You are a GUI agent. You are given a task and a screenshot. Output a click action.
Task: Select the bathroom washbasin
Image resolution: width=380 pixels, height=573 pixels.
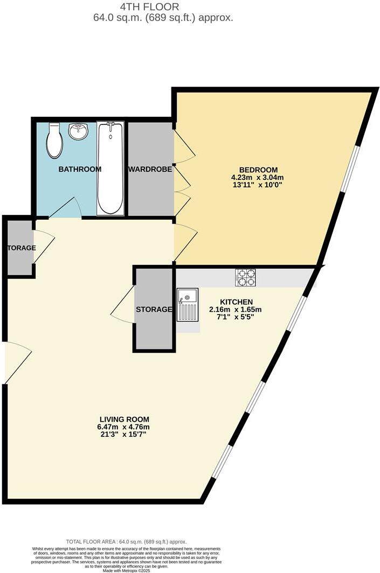79,131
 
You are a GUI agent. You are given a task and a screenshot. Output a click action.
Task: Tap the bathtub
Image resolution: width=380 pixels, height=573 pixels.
110,167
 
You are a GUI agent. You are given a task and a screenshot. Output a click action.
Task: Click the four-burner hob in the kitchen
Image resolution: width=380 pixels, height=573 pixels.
246,277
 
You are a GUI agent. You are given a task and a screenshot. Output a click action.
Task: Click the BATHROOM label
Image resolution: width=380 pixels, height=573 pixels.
80,169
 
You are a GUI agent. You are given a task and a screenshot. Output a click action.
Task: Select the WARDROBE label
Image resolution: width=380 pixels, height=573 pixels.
150,169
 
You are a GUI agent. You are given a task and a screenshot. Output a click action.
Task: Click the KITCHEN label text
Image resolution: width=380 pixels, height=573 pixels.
235,302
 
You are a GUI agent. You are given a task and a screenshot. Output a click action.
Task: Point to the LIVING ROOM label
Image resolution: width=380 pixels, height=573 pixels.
125,419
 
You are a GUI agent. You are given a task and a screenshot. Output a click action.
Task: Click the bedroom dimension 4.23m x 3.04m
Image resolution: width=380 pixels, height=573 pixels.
257,177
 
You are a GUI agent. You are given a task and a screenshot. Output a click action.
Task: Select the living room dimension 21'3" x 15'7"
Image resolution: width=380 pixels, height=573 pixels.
125,434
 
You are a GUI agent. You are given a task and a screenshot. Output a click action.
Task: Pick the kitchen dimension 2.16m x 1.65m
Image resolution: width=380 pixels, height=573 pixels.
235,309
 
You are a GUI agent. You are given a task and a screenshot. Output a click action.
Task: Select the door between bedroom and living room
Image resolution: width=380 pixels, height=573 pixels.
185,243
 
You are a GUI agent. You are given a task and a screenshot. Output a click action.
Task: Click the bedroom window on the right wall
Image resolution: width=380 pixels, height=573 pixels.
349,169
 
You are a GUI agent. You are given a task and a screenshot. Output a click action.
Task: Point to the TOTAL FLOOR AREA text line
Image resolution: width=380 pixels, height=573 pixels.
126,541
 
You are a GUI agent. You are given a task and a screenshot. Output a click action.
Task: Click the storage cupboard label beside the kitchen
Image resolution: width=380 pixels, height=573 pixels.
154,309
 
